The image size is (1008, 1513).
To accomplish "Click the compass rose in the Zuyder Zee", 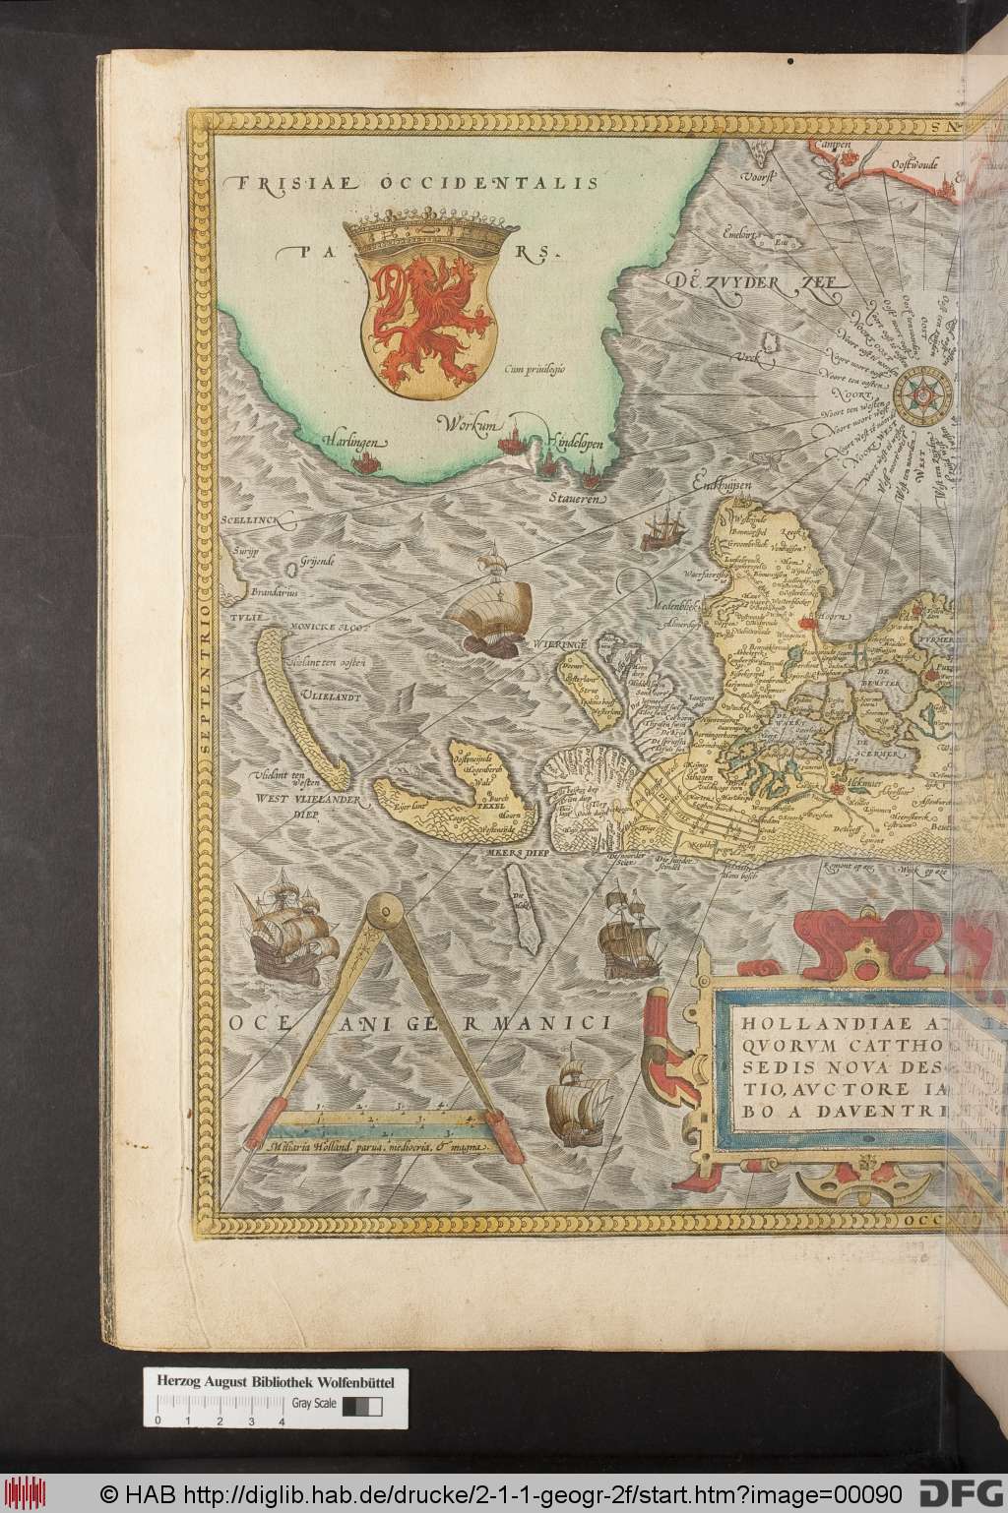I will coord(923,393).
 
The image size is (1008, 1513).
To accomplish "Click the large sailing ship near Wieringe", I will coord(489,605).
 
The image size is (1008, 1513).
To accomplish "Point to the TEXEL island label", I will coord(488,803).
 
